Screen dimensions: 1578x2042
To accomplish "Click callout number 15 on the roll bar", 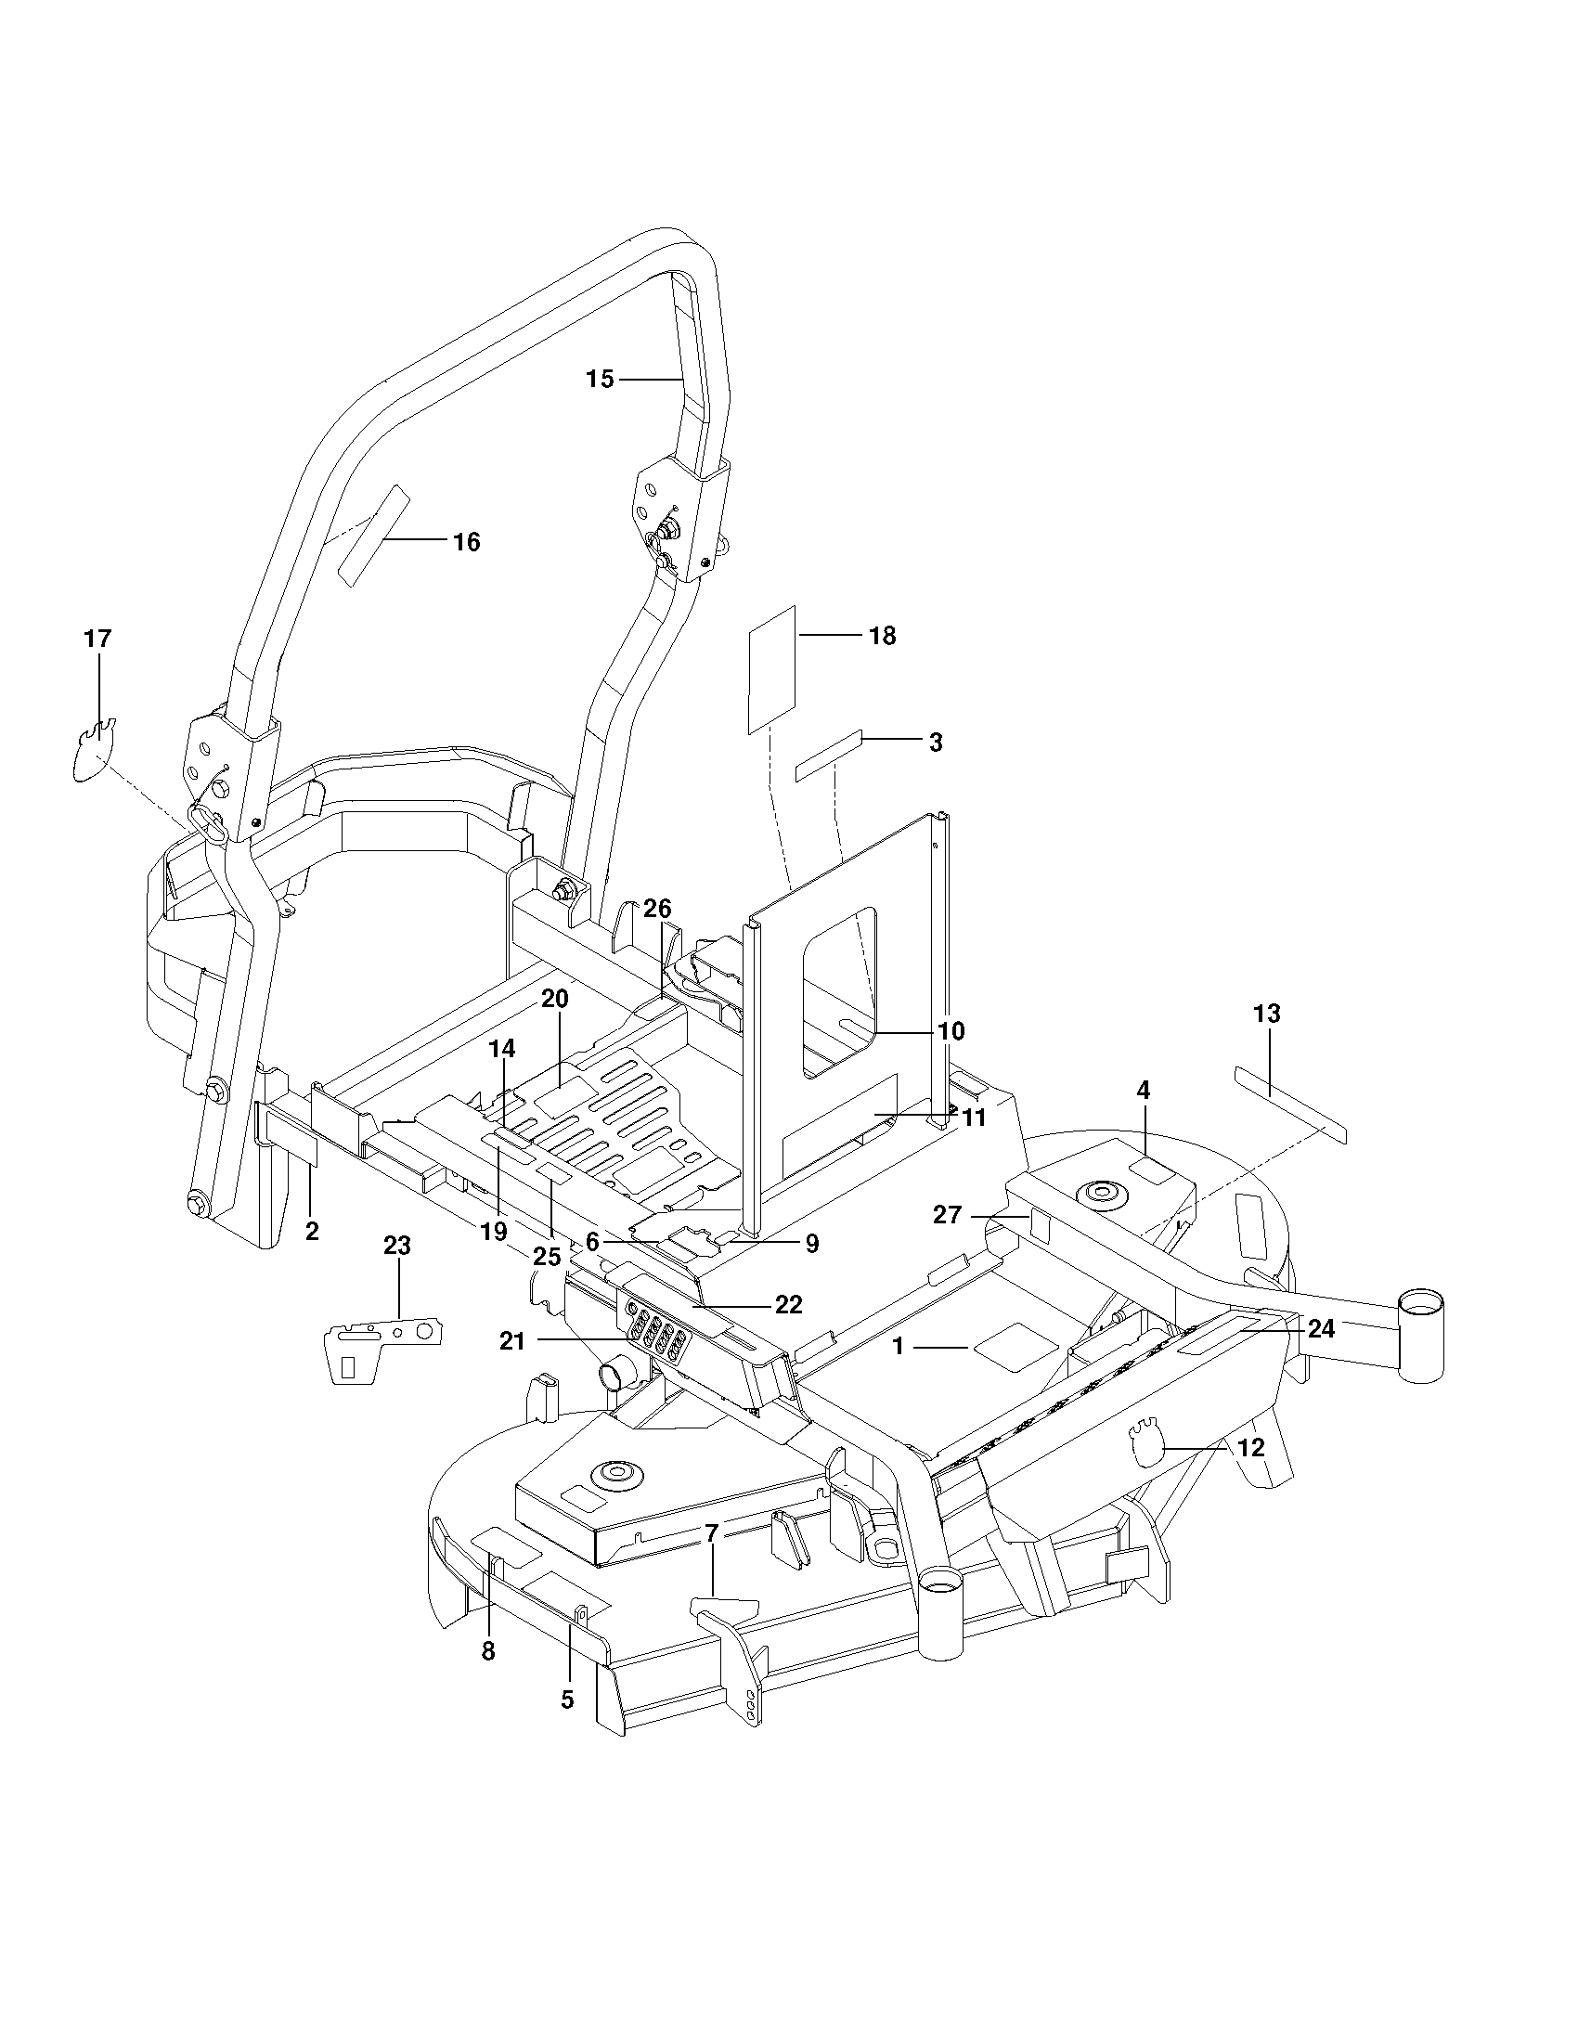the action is pyautogui.click(x=601, y=379).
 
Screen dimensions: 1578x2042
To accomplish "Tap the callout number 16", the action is pyautogui.click(x=467, y=541).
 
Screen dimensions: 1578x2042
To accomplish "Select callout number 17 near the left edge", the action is pyautogui.click(x=97, y=639).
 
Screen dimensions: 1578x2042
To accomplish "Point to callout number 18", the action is pyautogui.click(x=883, y=636).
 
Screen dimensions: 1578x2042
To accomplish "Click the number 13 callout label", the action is pyautogui.click(x=1267, y=1014).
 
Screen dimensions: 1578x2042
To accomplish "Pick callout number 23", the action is pyautogui.click(x=397, y=1246).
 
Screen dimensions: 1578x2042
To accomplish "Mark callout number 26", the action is pyautogui.click(x=657, y=909).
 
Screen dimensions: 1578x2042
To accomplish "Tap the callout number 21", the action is pyautogui.click(x=513, y=1342).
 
